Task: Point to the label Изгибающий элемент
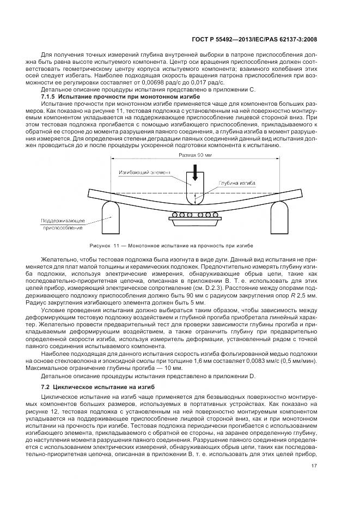(x=145, y=172)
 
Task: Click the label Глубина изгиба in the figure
(x=236, y=184)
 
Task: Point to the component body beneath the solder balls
(x=194, y=220)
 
